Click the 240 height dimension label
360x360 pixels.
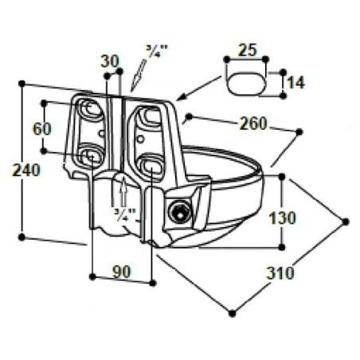[x=26, y=170]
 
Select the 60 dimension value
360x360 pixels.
[x=41, y=129]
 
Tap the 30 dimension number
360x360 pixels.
[x=109, y=61]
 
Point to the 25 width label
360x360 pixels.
[x=248, y=50]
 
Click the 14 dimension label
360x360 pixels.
[x=296, y=83]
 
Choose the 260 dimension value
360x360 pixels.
[x=252, y=123]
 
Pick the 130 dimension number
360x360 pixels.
[x=282, y=218]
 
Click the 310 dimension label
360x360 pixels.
[x=280, y=273]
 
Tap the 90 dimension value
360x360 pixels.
[x=122, y=272]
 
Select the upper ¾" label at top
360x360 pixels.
[x=157, y=52]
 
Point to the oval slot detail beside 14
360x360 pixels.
[x=246, y=83]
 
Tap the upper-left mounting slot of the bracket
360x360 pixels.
[x=91, y=109]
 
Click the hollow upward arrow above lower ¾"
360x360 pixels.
[x=123, y=191]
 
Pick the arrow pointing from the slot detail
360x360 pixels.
[x=199, y=88]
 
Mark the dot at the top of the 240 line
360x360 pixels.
[x=22, y=84]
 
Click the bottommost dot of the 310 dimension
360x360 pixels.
[x=232, y=313]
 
